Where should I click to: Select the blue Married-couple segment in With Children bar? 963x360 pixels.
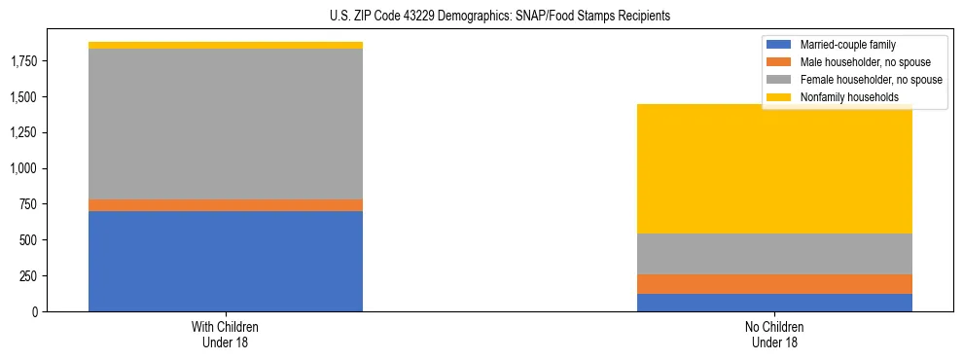tap(226, 261)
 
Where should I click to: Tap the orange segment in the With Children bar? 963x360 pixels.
tap(226, 205)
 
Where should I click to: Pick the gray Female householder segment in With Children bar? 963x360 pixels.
tap(226, 124)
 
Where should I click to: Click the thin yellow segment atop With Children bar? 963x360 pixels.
tap(226, 46)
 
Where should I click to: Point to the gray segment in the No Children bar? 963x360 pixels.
tap(774, 254)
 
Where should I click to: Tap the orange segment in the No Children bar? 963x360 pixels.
tap(774, 284)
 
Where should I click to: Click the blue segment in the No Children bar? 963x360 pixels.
tap(774, 303)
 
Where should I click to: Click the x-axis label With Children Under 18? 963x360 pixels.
tap(226, 335)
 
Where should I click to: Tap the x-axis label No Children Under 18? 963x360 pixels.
tap(774, 335)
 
